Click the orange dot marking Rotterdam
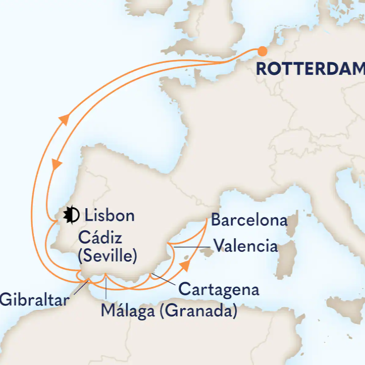click(262, 51)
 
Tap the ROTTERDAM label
click(310, 69)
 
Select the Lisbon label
click(109, 216)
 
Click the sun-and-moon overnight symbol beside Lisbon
click(71, 215)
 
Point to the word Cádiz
click(100, 238)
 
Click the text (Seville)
click(107, 255)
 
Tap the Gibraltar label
click(34, 300)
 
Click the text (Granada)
click(198, 311)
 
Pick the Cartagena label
click(219, 289)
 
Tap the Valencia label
click(246, 246)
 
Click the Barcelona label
click(249, 220)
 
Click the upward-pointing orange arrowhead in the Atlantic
click(64, 119)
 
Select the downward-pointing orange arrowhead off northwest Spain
click(57, 164)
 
